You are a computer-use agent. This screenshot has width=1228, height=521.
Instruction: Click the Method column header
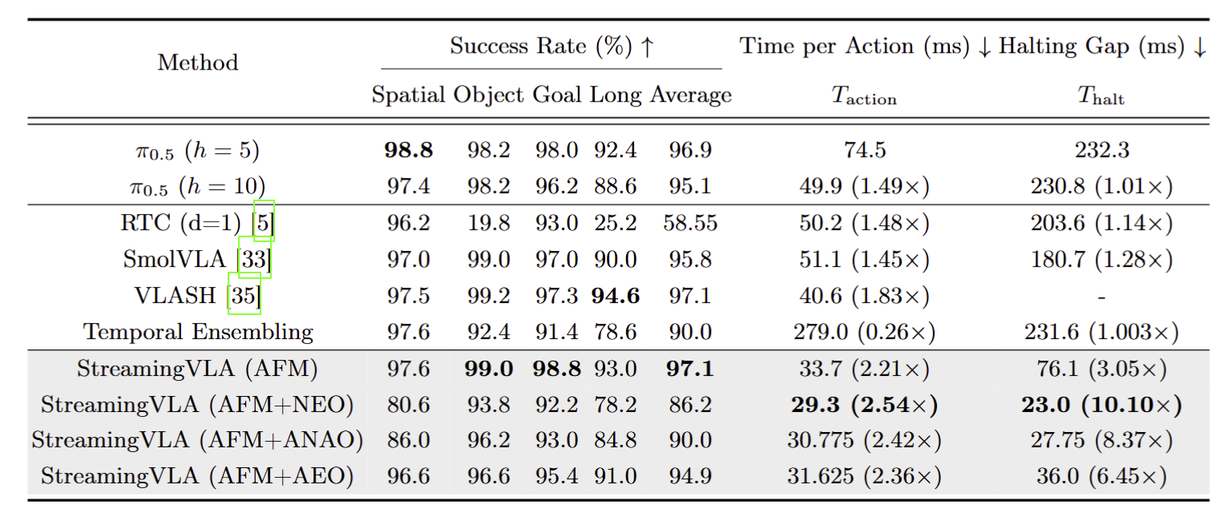tap(198, 63)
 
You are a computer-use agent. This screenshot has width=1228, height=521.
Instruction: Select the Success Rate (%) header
tap(551, 46)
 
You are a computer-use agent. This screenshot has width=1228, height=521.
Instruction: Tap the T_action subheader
tap(863, 97)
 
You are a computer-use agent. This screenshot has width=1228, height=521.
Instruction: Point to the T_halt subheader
tap(1101, 97)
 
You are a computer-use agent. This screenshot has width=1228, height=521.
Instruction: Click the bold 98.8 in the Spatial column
tap(409, 151)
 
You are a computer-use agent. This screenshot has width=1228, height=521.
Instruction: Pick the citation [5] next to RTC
tap(264, 223)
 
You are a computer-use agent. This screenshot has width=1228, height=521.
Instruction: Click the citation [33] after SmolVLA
tap(255, 259)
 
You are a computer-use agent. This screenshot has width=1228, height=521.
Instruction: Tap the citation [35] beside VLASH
tap(244, 296)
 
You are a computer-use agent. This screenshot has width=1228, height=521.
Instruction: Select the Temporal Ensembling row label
tap(198, 332)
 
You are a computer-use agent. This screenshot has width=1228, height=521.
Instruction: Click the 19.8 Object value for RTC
tap(489, 223)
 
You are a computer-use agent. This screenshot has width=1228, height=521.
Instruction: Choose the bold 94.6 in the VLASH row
tap(616, 296)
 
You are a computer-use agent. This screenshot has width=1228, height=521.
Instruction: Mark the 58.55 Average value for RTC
tap(690, 223)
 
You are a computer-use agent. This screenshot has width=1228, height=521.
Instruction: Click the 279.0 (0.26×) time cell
tap(864, 332)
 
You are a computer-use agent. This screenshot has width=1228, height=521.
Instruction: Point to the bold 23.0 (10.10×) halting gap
tap(1101, 405)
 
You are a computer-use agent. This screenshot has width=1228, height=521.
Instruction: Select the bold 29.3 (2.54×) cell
tap(864, 405)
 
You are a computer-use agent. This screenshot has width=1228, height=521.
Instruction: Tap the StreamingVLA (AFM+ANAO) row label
tap(198, 440)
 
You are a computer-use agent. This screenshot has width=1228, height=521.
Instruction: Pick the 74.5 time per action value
tap(864, 151)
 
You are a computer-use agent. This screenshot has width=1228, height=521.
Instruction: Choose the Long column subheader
tap(616, 95)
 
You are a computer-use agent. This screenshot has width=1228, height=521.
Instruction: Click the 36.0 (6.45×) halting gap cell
tap(1101, 476)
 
